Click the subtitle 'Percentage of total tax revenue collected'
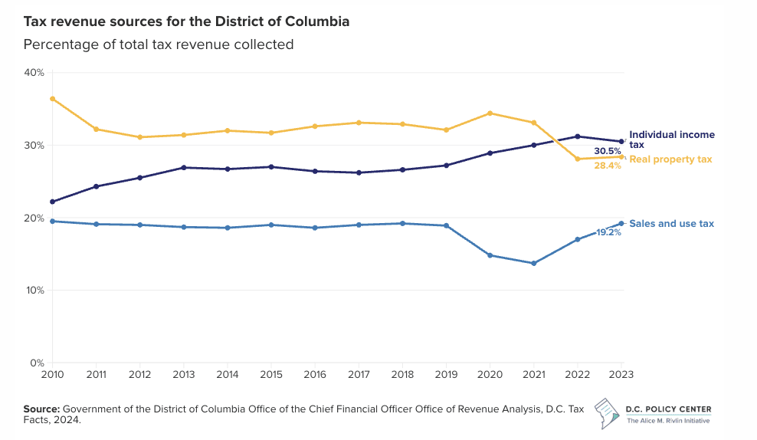coord(159,44)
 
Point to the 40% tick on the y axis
coord(34,73)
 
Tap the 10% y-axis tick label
coord(34,291)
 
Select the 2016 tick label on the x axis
coord(315,373)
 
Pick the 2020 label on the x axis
coord(490,373)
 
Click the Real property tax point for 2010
coord(52,99)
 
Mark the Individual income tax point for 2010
coord(52,202)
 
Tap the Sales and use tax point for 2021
coord(534,264)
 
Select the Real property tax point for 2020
coord(490,113)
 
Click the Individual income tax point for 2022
coord(578,136)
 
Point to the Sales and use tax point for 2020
coord(490,255)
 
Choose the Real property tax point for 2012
coord(139,137)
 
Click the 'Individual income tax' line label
coord(671,140)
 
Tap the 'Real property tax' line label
coord(670,159)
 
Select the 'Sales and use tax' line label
coord(671,224)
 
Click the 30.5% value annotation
coord(608,151)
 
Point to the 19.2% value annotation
coord(608,231)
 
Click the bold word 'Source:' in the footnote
coord(41,409)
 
